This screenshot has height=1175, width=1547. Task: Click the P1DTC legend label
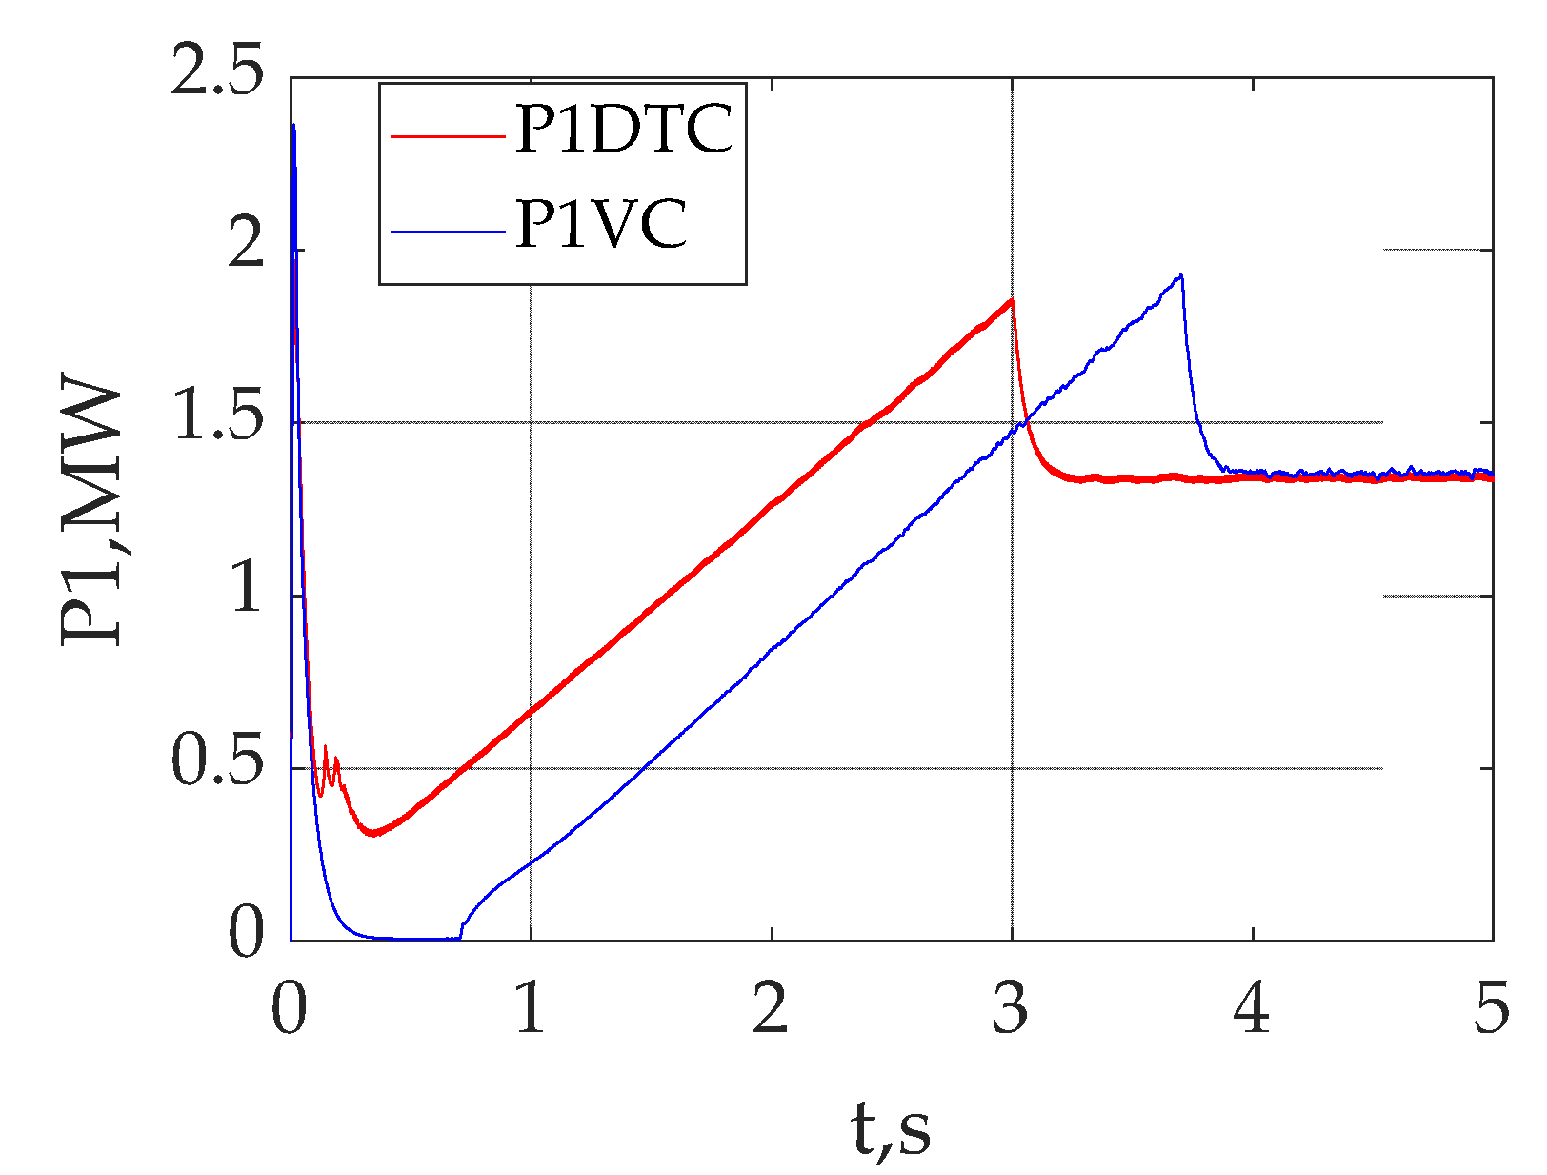tap(624, 130)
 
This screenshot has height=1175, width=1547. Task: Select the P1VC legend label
tap(600, 226)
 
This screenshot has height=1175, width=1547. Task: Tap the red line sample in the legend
tap(447, 136)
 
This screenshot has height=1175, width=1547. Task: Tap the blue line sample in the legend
tap(447, 232)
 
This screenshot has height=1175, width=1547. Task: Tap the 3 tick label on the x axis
tap(1011, 1009)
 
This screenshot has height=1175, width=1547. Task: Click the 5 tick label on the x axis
tap(1492, 1009)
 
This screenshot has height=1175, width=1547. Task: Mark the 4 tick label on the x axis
tap(1252, 1009)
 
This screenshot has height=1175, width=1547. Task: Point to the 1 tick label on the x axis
tap(530, 1009)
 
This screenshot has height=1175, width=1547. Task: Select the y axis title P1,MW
tap(92, 515)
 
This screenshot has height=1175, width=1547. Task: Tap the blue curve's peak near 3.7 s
tap(1181, 275)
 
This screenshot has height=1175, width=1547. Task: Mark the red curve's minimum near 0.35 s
tap(374, 834)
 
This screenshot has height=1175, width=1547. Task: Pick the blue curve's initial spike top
tap(293, 125)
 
